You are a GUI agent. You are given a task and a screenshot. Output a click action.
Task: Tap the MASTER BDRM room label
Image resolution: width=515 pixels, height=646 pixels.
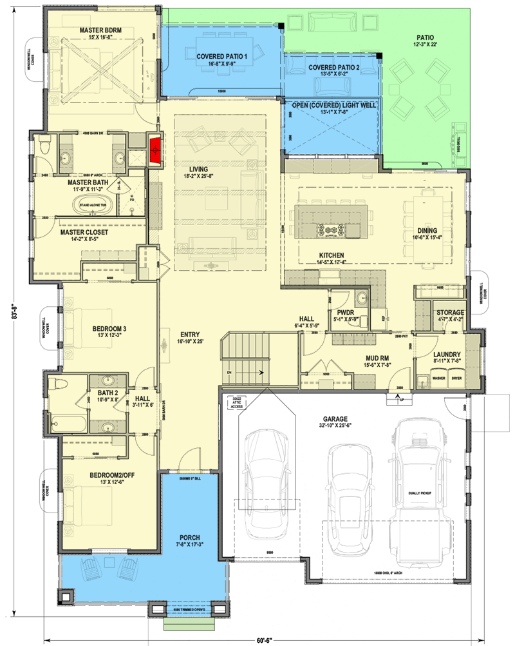pyautogui.click(x=101, y=30)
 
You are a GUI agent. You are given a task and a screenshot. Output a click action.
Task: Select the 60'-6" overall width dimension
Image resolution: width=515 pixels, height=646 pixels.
pyautogui.click(x=261, y=640)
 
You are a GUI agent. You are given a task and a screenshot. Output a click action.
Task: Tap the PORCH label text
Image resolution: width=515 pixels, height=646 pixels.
pyautogui.click(x=190, y=537)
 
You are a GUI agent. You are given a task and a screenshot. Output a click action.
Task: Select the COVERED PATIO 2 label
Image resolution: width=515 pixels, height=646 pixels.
pyautogui.click(x=333, y=67)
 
